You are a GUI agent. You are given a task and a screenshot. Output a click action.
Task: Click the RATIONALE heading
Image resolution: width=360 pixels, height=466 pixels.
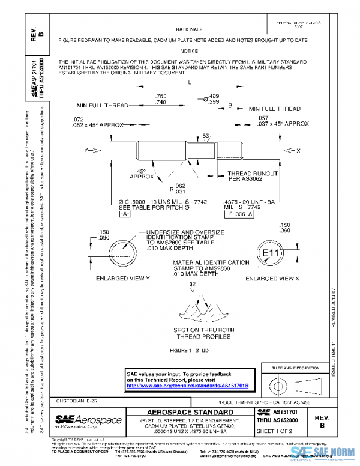click(x=189, y=29)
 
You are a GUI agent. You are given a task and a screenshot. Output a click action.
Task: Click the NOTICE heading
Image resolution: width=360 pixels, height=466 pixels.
click(x=189, y=51)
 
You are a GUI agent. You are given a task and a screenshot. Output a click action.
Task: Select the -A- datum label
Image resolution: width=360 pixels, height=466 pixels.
click(x=124, y=214)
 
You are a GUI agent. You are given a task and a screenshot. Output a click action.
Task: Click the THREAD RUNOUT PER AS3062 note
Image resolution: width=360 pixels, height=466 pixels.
click(x=251, y=176)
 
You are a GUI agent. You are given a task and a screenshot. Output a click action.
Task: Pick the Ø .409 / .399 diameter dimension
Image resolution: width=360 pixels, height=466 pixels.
click(x=211, y=99)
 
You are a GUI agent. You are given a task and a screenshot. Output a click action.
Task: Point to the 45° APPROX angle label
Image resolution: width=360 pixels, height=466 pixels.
click(x=141, y=174)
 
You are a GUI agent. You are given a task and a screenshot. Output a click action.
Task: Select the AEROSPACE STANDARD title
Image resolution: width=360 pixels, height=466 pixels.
click(x=190, y=412)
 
